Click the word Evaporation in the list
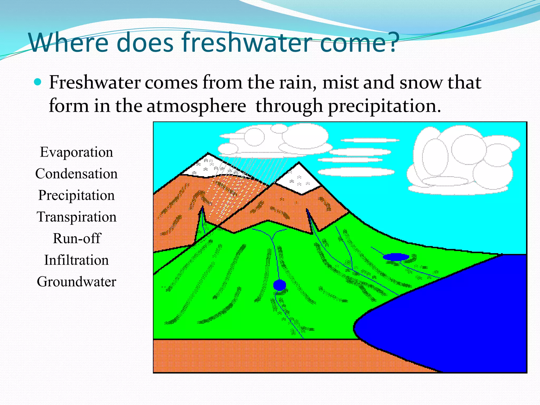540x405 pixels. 76,152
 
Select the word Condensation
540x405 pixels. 76,174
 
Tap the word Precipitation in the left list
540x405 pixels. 76,195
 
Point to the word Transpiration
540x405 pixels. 76,217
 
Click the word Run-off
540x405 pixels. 76,238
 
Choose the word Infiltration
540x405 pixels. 76,260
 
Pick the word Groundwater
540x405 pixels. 76,282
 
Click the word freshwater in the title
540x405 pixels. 247,42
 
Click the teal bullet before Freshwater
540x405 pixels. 38,82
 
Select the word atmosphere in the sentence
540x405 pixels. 196,106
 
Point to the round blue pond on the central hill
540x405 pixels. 279,285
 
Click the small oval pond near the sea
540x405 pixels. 396,257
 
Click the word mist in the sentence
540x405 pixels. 340,82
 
